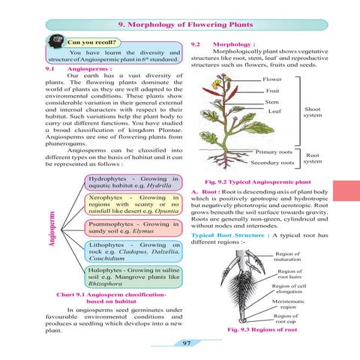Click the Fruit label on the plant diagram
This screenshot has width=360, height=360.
[274, 91]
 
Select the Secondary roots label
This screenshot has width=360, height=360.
[272, 162]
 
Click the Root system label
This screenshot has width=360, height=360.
[312, 159]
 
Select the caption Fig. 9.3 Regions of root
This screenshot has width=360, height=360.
[265, 330]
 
